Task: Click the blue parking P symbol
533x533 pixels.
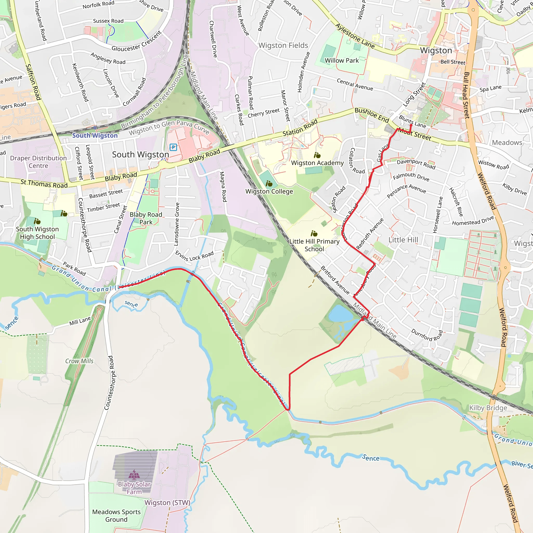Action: pyautogui.click(x=173, y=147)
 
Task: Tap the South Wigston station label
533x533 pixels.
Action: pyautogui.click(x=95, y=135)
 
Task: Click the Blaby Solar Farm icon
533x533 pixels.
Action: pyautogui.click(x=134, y=474)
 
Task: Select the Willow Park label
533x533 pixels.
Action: pyautogui.click(x=341, y=60)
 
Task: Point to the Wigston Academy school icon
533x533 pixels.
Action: pyautogui.click(x=317, y=155)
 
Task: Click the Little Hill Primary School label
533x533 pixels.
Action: pyautogui.click(x=314, y=245)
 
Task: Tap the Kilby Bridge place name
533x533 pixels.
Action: pyautogui.click(x=488, y=408)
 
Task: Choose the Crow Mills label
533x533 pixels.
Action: pyautogui.click(x=79, y=361)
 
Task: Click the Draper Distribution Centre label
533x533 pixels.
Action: pyautogui.click(x=38, y=162)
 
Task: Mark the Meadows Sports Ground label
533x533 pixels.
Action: pyautogui.click(x=116, y=516)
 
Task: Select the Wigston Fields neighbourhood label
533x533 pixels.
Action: pyautogui.click(x=283, y=45)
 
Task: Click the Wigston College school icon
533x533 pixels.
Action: pyautogui.click(x=269, y=183)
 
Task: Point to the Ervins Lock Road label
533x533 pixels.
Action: pyautogui.click(x=194, y=256)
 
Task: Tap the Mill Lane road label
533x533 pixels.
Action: pyautogui.click(x=80, y=321)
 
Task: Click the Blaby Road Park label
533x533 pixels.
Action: pyautogui.click(x=146, y=218)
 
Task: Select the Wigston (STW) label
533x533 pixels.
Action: pyautogui.click(x=167, y=503)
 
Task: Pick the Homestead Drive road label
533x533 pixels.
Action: pyautogui.click(x=473, y=221)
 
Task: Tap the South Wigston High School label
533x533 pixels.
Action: pyautogui.click(x=37, y=233)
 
